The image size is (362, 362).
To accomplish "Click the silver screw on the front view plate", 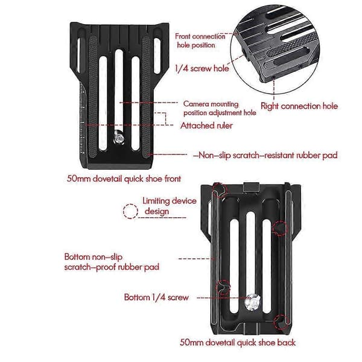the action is pyautogui.click(x=119, y=138).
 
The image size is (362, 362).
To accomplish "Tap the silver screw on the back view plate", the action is pyautogui.click(x=253, y=302).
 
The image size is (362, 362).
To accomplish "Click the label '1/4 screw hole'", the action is pyautogui.click(x=202, y=68).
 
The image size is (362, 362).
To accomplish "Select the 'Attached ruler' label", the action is pyautogui.click(x=206, y=125).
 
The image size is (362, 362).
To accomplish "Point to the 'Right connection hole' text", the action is pyautogui.click(x=299, y=106).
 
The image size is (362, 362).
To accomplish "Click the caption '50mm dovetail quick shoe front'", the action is pyautogui.click(x=124, y=179).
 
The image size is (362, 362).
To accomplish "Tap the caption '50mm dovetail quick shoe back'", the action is pyautogui.click(x=238, y=342).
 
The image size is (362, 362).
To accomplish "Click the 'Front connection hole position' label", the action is pyautogui.click(x=200, y=40).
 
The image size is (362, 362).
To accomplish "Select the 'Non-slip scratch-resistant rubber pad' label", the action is pyautogui.click(x=265, y=155).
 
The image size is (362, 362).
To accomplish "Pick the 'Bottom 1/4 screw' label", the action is pyautogui.click(x=156, y=297).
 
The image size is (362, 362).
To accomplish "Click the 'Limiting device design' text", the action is pyautogui.click(x=169, y=206).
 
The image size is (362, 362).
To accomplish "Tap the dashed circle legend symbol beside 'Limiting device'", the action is pyautogui.click(x=130, y=211).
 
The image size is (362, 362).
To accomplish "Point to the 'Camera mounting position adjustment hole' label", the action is pyautogui.click(x=220, y=108).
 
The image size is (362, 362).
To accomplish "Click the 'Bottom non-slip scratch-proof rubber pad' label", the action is pyautogui.click(x=112, y=262).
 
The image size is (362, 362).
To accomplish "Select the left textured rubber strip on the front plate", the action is pyautogui.click(x=93, y=97).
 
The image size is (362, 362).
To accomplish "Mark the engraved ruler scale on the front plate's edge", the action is pyautogui.click(x=83, y=120).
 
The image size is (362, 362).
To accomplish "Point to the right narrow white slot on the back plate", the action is pyautogui.click(x=267, y=266).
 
